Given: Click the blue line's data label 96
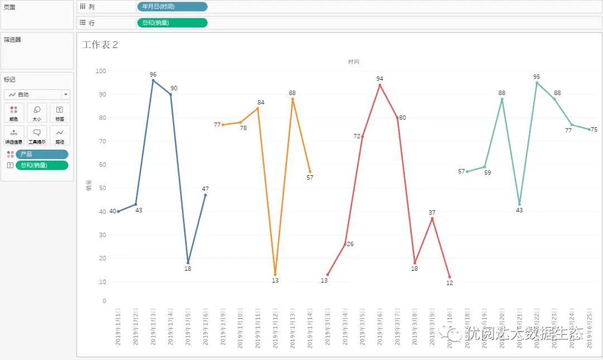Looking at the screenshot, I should point(153,74).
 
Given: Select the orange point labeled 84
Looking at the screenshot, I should point(257,108).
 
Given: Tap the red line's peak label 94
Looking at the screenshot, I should point(380,79).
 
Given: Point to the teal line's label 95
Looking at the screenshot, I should point(537,77).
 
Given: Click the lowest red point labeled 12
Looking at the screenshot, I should point(449,277).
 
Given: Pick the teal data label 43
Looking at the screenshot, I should point(519,210).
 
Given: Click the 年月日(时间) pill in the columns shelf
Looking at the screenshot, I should point(172,7).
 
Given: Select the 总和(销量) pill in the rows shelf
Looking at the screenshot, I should point(172,23).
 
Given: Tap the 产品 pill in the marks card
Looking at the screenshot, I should point(42,154).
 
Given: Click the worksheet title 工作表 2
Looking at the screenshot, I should point(100,45).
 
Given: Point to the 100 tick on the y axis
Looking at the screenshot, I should point(100,71).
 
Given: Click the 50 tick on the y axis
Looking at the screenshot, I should point(102,188).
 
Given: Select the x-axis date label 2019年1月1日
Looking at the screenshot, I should point(118,327).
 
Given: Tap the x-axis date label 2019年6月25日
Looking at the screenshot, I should point(589,327).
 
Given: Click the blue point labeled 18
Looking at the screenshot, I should point(188,262).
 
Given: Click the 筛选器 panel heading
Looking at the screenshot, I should point(12,40).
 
